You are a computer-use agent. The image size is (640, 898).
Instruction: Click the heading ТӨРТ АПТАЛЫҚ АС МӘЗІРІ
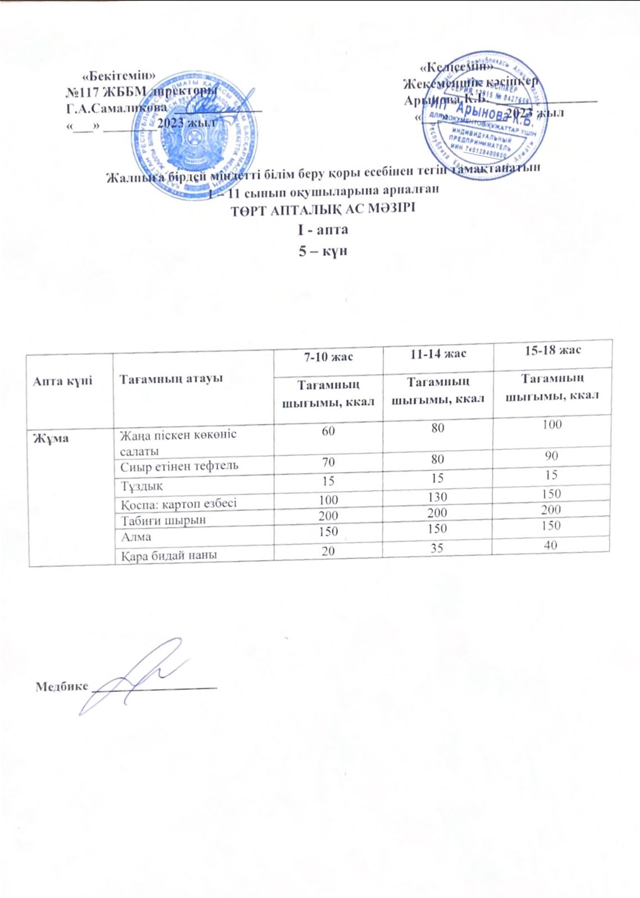[x=323, y=210]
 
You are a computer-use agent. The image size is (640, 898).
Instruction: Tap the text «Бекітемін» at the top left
[x=119, y=75]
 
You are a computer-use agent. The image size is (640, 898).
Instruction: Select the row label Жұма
[x=51, y=438]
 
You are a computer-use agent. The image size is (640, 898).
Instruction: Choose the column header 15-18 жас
[x=552, y=350]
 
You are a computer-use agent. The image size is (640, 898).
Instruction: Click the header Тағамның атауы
[x=163, y=378]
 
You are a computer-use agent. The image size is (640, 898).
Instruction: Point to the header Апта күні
[x=62, y=381]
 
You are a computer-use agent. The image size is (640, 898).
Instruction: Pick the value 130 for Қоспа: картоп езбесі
[x=437, y=497]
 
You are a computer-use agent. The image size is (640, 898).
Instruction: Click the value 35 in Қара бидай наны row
[x=437, y=547]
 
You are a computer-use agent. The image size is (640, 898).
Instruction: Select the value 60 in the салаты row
[x=328, y=430]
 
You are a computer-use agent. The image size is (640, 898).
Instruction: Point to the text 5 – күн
[x=323, y=251]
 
